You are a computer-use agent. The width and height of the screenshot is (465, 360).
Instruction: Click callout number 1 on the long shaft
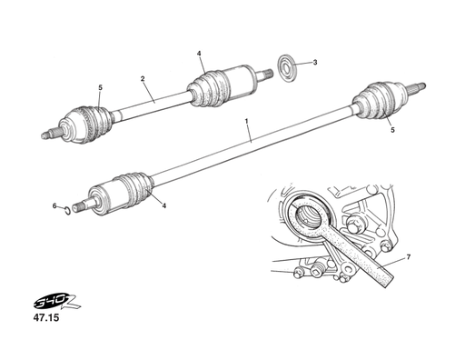tap(247, 120)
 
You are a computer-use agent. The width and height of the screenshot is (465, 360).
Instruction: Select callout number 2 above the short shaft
tap(143, 79)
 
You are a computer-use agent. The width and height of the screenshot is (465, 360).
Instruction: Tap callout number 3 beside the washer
tap(314, 63)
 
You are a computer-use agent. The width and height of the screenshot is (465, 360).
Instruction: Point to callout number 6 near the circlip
tap(54, 206)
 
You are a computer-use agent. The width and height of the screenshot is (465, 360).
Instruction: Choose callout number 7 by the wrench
tap(408, 258)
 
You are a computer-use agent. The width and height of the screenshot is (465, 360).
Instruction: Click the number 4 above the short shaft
tap(199, 54)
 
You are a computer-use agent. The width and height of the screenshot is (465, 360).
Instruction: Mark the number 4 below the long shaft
tap(164, 206)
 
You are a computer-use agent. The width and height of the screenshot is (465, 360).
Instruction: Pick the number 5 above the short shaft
tap(100, 87)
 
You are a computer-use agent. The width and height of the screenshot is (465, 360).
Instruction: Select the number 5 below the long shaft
tap(392, 131)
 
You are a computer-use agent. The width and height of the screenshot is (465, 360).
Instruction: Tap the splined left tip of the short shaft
tap(47, 135)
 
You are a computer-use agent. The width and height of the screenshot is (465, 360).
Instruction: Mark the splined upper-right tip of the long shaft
tap(419, 88)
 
